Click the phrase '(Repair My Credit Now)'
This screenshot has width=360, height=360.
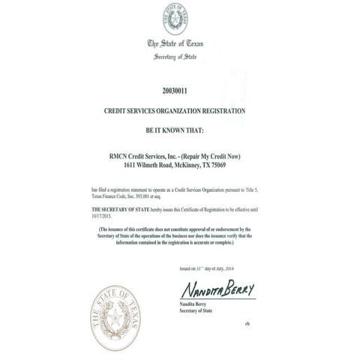[221, 155]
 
